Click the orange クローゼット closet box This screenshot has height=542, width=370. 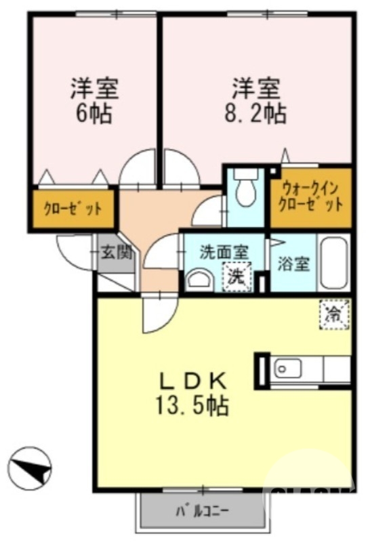tap(73, 209)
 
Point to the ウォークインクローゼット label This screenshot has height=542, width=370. tap(310, 196)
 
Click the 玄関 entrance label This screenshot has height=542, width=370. tap(115, 253)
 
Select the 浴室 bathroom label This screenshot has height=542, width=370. tap(293, 263)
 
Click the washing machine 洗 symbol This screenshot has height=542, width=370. tap(237, 276)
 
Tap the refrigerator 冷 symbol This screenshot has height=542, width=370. tap(334, 314)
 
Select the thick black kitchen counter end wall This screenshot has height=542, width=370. tap(260, 371)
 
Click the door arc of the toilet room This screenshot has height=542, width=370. tap(206, 211)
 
